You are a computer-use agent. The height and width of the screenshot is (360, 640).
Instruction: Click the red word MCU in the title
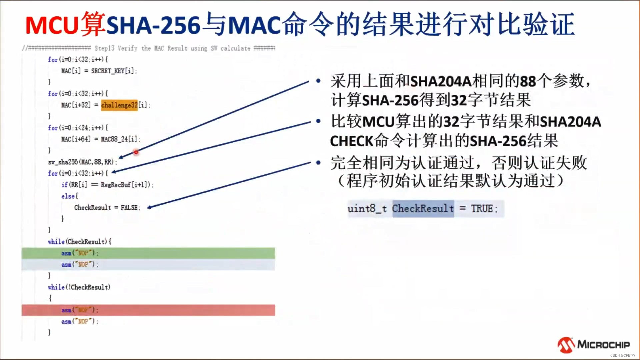click(52, 25)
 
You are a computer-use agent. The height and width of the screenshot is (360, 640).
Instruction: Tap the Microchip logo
click(593, 345)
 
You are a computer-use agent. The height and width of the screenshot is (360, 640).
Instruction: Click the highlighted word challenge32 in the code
click(119, 105)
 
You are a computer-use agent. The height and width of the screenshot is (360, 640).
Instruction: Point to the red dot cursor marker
click(136, 152)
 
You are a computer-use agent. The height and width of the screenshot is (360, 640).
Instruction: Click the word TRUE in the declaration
click(482, 209)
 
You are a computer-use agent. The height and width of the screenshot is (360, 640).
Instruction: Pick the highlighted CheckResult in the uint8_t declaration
click(423, 209)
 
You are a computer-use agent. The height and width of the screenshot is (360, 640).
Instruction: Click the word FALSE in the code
click(129, 208)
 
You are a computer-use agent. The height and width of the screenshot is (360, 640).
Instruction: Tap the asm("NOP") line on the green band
click(80, 253)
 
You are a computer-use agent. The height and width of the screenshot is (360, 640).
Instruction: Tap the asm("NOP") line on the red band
click(80, 310)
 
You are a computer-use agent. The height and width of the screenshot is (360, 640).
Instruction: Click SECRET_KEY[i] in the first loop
click(113, 71)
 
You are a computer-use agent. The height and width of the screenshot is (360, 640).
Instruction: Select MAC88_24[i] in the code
click(120, 139)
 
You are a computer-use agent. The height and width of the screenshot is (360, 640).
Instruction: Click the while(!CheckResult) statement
click(79, 287)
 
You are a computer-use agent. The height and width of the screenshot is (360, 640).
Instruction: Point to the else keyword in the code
click(68, 196)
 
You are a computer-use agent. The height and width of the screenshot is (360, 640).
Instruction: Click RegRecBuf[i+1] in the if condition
click(125, 185)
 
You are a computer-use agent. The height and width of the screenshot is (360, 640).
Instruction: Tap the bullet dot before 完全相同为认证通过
click(318, 163)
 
